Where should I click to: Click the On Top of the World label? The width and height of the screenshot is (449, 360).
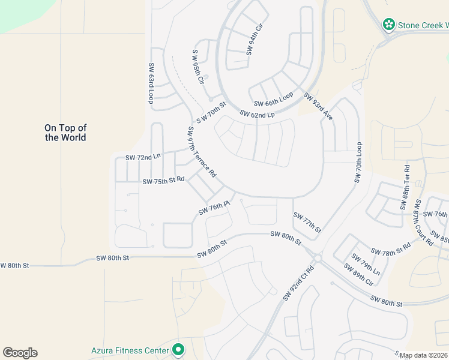tap(65, 133)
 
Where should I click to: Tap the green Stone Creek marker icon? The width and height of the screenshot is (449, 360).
tap(389, 25)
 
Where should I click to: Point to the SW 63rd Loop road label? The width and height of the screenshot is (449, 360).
tap(151, 83)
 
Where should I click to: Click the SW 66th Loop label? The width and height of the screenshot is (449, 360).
tap(273, 100)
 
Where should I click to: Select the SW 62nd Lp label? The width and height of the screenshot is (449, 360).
tap(257, 114)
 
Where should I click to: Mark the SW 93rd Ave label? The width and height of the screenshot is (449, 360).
tap(318, 106)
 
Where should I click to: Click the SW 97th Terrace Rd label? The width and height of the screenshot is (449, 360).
tap(201, 154)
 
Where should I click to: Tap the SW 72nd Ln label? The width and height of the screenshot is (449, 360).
tap(143, 157)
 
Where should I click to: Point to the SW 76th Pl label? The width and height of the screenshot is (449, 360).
tap(214, 208)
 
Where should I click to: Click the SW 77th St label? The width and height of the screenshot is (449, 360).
tap(307, 223)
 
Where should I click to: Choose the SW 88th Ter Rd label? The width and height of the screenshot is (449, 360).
tap(405, 187)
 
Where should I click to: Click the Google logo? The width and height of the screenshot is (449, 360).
tap(20, 353)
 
